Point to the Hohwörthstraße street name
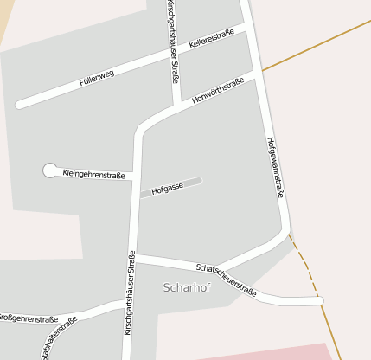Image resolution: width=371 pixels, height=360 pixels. click(214, 93)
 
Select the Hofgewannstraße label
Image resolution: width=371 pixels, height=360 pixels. click(275, 168)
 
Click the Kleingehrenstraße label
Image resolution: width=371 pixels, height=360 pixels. click(94, 174)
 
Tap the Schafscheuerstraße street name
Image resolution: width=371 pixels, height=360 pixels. click(226, 280)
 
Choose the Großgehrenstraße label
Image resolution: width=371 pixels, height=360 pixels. click(29, 319)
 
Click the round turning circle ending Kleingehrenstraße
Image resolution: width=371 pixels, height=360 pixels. click(49, 170)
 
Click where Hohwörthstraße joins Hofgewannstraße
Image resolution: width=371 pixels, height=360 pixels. click(259, 76)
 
